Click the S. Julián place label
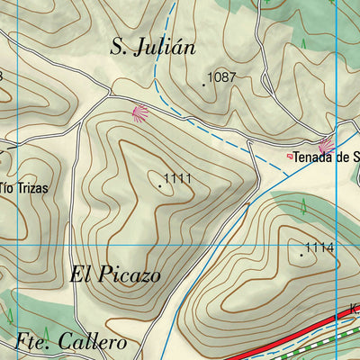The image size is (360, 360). coord(152,48)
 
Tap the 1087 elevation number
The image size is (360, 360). coord(221,77)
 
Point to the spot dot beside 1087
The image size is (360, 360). coord(203,85)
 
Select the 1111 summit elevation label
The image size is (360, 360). coord(179,179)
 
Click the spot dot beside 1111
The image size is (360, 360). coord(161,185)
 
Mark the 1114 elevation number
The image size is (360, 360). coord(319,247)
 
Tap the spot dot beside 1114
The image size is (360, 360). coord(301,255)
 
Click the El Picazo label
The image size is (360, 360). coord(115,275)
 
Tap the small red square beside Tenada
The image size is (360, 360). coord(289,157)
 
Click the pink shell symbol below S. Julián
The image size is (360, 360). coord(139,113)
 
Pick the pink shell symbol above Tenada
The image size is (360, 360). coord(326,144)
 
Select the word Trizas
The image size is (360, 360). coord(31,188)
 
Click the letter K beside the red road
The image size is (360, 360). coord(355,309)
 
